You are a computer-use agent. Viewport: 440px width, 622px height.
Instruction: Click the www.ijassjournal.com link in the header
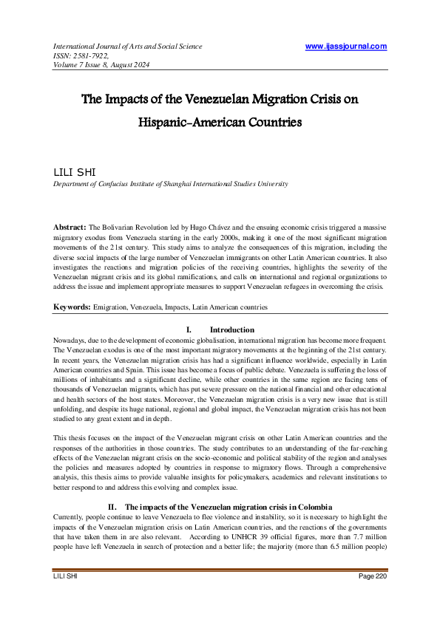point(345,47)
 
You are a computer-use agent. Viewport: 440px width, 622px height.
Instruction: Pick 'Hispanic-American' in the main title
point(193,123)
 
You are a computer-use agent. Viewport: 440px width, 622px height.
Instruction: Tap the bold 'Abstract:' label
point(70,227)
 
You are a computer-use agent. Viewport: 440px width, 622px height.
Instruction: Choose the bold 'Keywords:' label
point(72,306)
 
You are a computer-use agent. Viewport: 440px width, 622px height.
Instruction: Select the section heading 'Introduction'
point(231,329)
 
